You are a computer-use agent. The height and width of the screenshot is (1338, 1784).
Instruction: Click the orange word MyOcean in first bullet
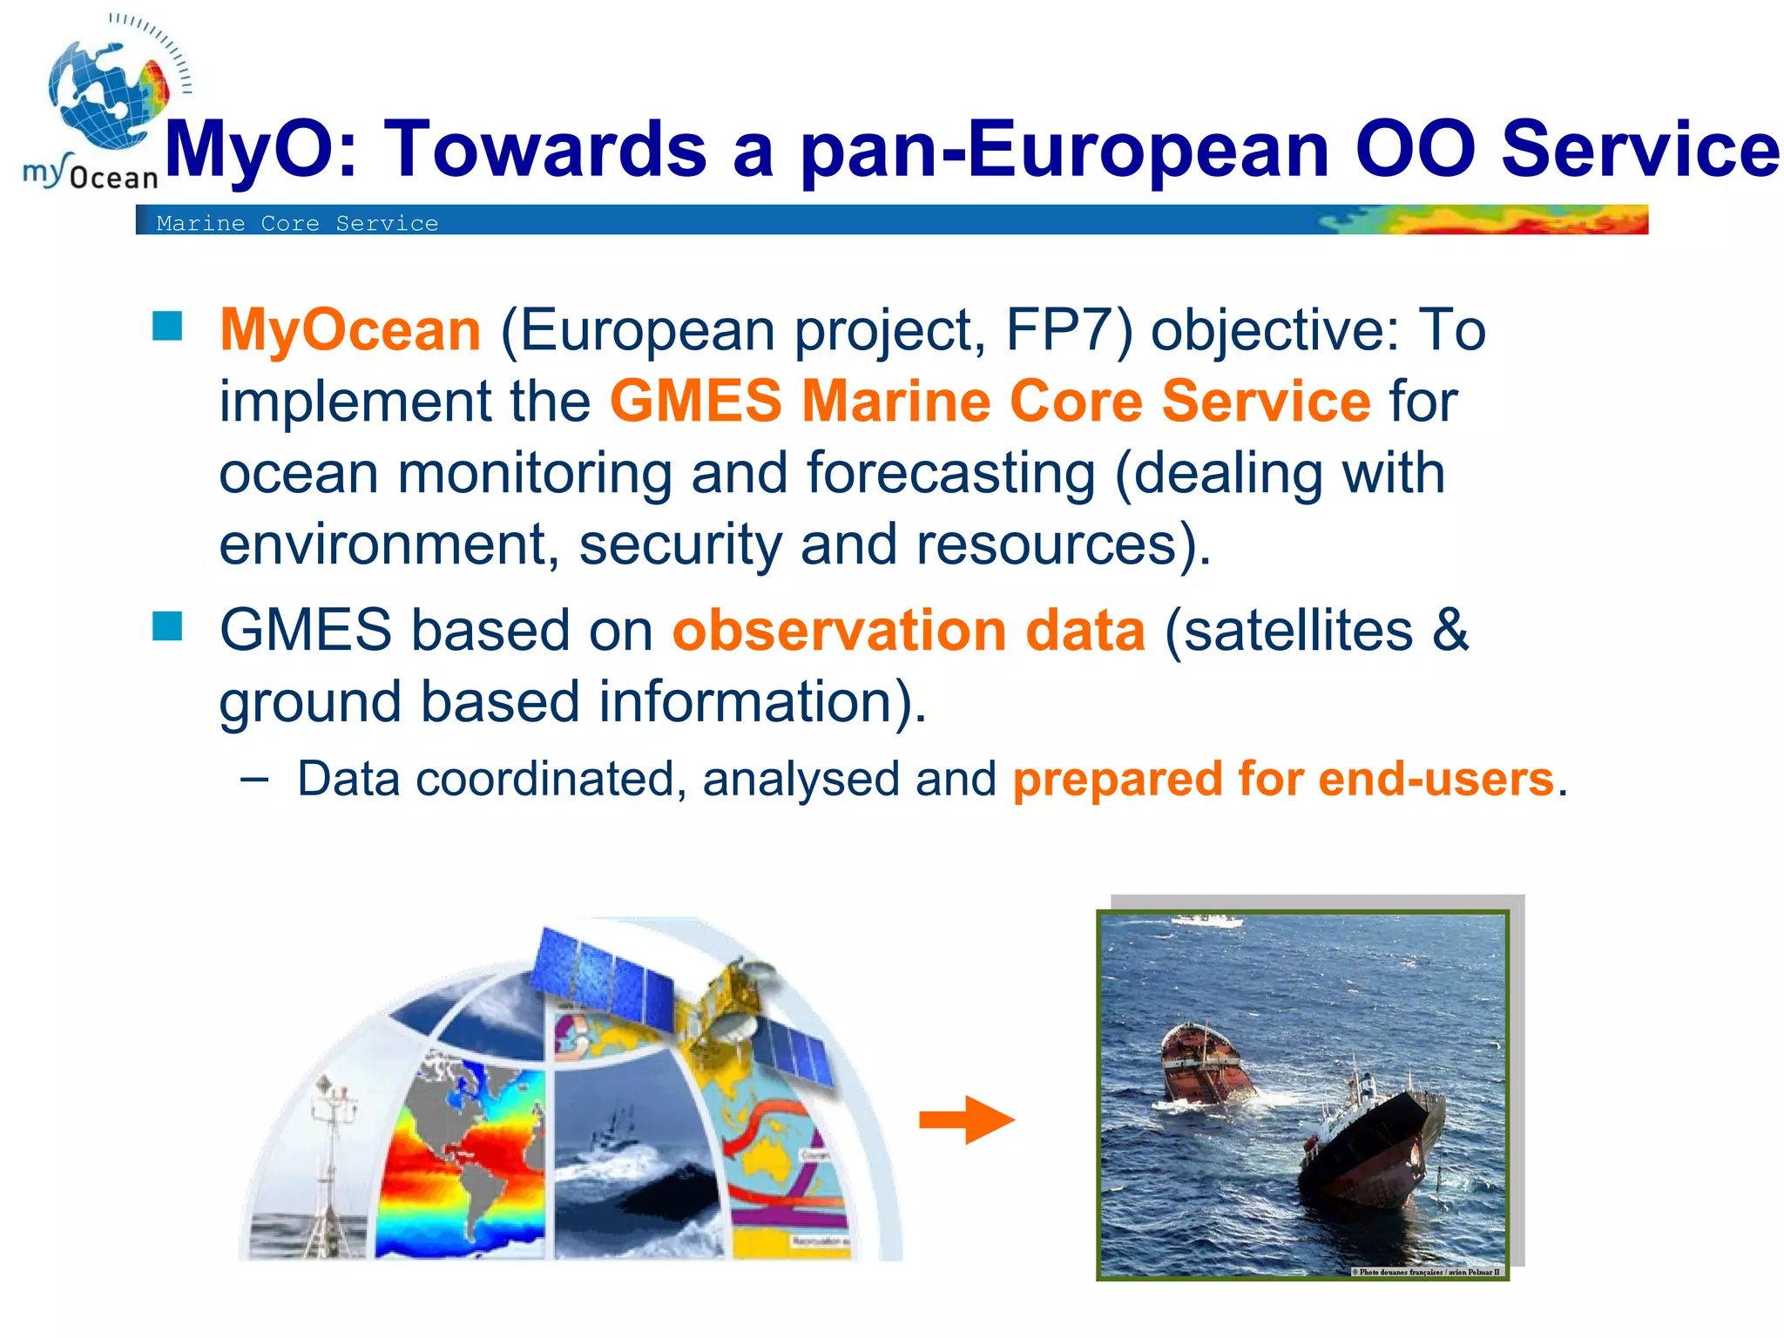(349, 330)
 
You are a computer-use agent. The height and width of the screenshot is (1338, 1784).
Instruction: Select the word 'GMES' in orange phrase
(695, 402)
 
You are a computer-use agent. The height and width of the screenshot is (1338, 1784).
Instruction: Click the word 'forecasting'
(950, 473)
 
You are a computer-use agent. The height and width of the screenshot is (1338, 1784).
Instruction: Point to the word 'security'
(680, 544)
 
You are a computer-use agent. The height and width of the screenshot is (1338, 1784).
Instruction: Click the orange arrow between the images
(967, 1119)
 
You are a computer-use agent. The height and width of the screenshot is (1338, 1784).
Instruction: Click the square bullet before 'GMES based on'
(167, 625)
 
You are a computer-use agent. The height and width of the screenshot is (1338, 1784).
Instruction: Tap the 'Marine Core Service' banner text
(297, 224)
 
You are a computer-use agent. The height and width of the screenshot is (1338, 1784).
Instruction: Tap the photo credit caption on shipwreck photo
(1426, 1272)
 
